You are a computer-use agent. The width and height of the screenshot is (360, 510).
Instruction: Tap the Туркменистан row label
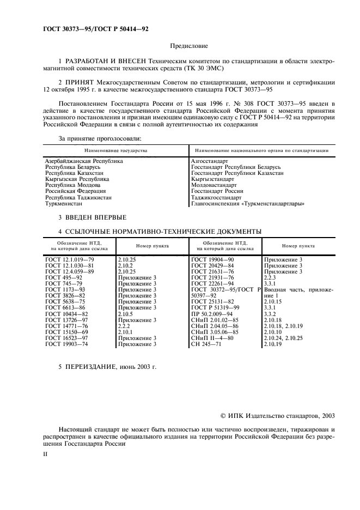tap(64, 204)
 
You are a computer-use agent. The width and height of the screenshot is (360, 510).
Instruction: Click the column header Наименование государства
tap(115, 149)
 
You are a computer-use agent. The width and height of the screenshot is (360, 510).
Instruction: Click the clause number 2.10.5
tap(125, 314)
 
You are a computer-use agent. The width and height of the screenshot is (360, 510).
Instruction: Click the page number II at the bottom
tap(46, 453)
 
